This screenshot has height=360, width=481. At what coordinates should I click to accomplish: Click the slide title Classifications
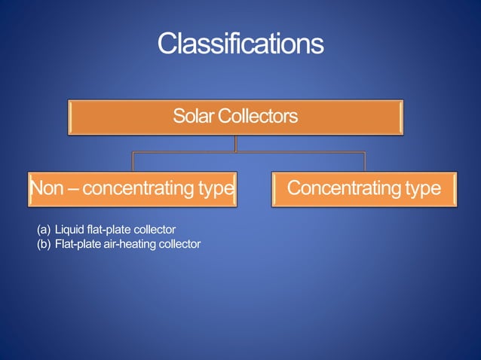(240, 44)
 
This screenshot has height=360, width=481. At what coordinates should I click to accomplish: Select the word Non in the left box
(46, 188)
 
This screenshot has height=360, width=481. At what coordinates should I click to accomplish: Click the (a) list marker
(44, 229)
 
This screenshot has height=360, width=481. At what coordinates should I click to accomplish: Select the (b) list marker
(44, 243)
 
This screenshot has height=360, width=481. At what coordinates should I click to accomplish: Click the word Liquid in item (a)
(69, 229)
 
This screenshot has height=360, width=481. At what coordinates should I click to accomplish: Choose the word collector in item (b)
(179, 243)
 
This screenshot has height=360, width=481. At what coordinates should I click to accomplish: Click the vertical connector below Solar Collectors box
(236, 143)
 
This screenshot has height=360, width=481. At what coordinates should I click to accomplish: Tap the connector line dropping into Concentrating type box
(365, 162)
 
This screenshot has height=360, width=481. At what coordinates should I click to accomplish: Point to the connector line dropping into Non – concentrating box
(133, 162)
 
